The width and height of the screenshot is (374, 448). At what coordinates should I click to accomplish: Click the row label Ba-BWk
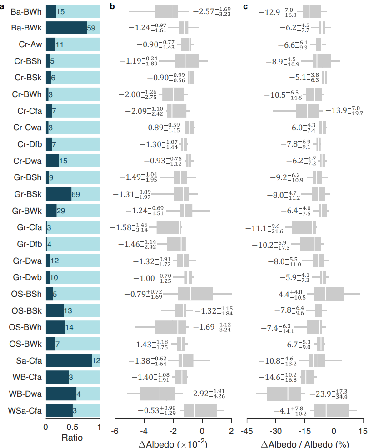tap(26, 28)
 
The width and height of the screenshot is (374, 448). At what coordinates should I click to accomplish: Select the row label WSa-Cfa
tap(25, 411)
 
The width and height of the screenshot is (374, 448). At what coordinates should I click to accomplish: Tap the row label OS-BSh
tap(26, 294)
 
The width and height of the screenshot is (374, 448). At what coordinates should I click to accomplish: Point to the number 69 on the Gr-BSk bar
tap(75, 195)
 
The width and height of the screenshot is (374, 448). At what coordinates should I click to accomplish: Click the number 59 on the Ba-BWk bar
tap(91, 28)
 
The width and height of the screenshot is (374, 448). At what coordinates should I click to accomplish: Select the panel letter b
tap(112, 6)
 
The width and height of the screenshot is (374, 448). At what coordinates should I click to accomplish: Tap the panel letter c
tap(246, 6)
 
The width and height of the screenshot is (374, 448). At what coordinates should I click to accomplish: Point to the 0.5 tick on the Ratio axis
tap(72, 427)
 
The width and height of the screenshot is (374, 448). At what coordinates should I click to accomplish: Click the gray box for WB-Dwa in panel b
tap(157, 394)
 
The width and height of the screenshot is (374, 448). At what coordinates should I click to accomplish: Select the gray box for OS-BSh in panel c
tap(328, 294)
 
